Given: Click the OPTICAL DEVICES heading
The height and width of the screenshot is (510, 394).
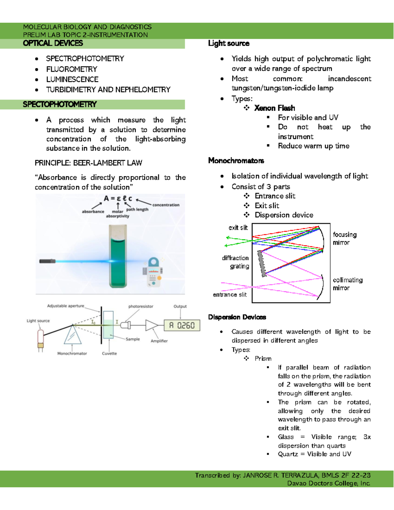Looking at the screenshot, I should point(53,43).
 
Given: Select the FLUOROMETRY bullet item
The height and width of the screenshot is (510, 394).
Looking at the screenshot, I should point(72,69).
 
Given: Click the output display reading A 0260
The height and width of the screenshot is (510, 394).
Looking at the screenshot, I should point(182,325).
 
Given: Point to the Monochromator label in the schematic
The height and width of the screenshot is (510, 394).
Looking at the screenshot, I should point(72,354).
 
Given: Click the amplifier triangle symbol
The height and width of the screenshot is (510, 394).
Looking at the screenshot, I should point(151,325).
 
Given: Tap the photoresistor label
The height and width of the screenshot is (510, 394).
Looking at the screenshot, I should point(141,306).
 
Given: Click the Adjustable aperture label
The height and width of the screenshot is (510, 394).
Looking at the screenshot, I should point(66,306).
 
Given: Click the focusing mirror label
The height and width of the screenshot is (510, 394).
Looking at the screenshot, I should point(344,238).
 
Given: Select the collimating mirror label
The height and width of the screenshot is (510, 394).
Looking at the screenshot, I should point(347,284).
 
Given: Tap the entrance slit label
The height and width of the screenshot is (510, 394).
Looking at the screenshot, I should point(230,295).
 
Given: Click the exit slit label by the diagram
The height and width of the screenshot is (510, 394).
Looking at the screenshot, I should point(238,228).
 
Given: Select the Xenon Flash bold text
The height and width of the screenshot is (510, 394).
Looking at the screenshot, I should point(274,108).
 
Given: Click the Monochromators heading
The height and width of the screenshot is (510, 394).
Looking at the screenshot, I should point(236,161).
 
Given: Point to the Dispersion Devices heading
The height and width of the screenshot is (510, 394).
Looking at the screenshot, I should point(237,317).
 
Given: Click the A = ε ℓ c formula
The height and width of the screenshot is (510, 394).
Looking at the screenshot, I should point(118,198).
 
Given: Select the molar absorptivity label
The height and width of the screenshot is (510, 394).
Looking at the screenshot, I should point(118,214).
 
